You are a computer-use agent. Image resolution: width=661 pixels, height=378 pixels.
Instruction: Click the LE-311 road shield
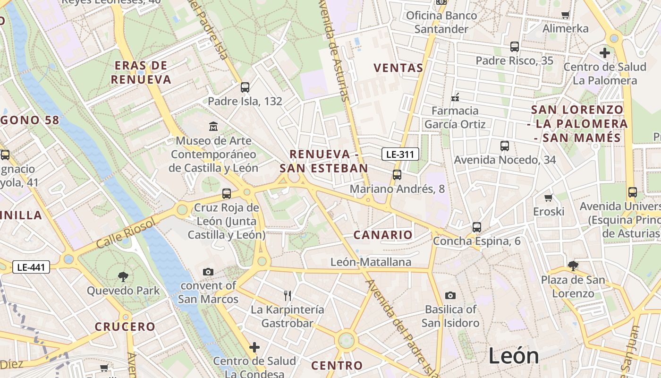(x=400, y=154)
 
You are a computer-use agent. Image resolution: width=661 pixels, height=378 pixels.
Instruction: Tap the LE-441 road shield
(x=31, y=267)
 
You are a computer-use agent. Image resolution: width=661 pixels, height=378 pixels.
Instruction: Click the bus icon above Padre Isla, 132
(x=245, y=87)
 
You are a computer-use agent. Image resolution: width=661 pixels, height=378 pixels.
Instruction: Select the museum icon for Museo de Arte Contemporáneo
(x=213, y=126)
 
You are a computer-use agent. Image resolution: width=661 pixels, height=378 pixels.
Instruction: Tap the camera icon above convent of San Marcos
(x=208, y=272)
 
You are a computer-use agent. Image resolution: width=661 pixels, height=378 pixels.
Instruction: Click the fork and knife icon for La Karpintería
(x=287, y=296)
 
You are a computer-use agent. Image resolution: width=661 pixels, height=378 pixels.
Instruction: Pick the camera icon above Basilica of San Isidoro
(x=450, y=295)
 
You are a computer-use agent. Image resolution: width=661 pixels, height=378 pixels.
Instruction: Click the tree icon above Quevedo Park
(x=123, y=276)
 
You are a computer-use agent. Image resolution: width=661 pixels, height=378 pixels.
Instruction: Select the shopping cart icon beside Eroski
(x=548, y=198)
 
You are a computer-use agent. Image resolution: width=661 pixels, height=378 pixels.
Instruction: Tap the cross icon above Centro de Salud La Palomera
(x=604, y=52)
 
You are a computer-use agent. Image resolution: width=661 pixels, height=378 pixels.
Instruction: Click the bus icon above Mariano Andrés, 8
(x=397, y=175)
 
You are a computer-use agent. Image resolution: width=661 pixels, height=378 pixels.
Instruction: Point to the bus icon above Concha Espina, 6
(x=476, y=227)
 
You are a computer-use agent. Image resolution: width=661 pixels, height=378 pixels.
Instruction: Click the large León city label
(x=514, y=355)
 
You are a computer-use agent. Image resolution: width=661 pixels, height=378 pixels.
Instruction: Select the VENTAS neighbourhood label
(x=398, y=68)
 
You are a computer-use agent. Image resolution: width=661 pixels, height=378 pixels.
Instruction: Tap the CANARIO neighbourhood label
(x=383, y=235)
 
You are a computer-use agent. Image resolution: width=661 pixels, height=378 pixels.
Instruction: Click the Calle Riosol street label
(x=126, y=234)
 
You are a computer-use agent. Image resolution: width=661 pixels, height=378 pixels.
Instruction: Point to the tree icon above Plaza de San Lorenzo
(x=573, y=266)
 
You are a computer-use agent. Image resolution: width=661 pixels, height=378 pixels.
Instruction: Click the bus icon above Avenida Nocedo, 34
(x=504, y=146)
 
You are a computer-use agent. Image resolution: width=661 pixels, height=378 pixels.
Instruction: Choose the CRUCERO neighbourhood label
(x=125, y=326)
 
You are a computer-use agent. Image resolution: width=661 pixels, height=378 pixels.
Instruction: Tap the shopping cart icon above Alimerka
(x=565, y=15)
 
